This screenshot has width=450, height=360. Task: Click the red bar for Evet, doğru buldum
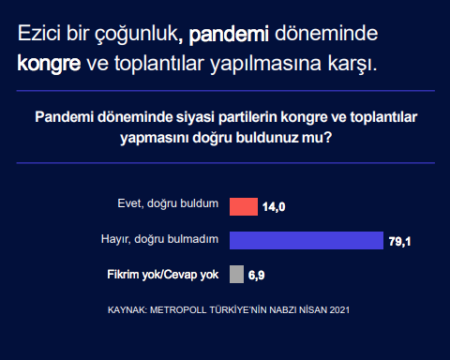pyautogui.click(x=244, y=206)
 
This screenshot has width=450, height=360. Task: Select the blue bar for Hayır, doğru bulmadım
pyautogui.click(x=307, y=240)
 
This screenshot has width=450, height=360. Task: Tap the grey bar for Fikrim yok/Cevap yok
pyautogui.click(x=236, y=275)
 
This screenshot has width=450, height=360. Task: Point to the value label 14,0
pyautogui.click(x=274, y=207)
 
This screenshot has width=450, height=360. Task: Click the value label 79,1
pyautogui.click(x=400, y=242)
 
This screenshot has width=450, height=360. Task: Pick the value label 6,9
pyautogui.click(x=257, y=276)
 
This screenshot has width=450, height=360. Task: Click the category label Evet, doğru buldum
pyautogui.click(x=168, y=204)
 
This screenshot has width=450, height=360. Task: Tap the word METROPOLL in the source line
pyautogui.click(x=186, y=308)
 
